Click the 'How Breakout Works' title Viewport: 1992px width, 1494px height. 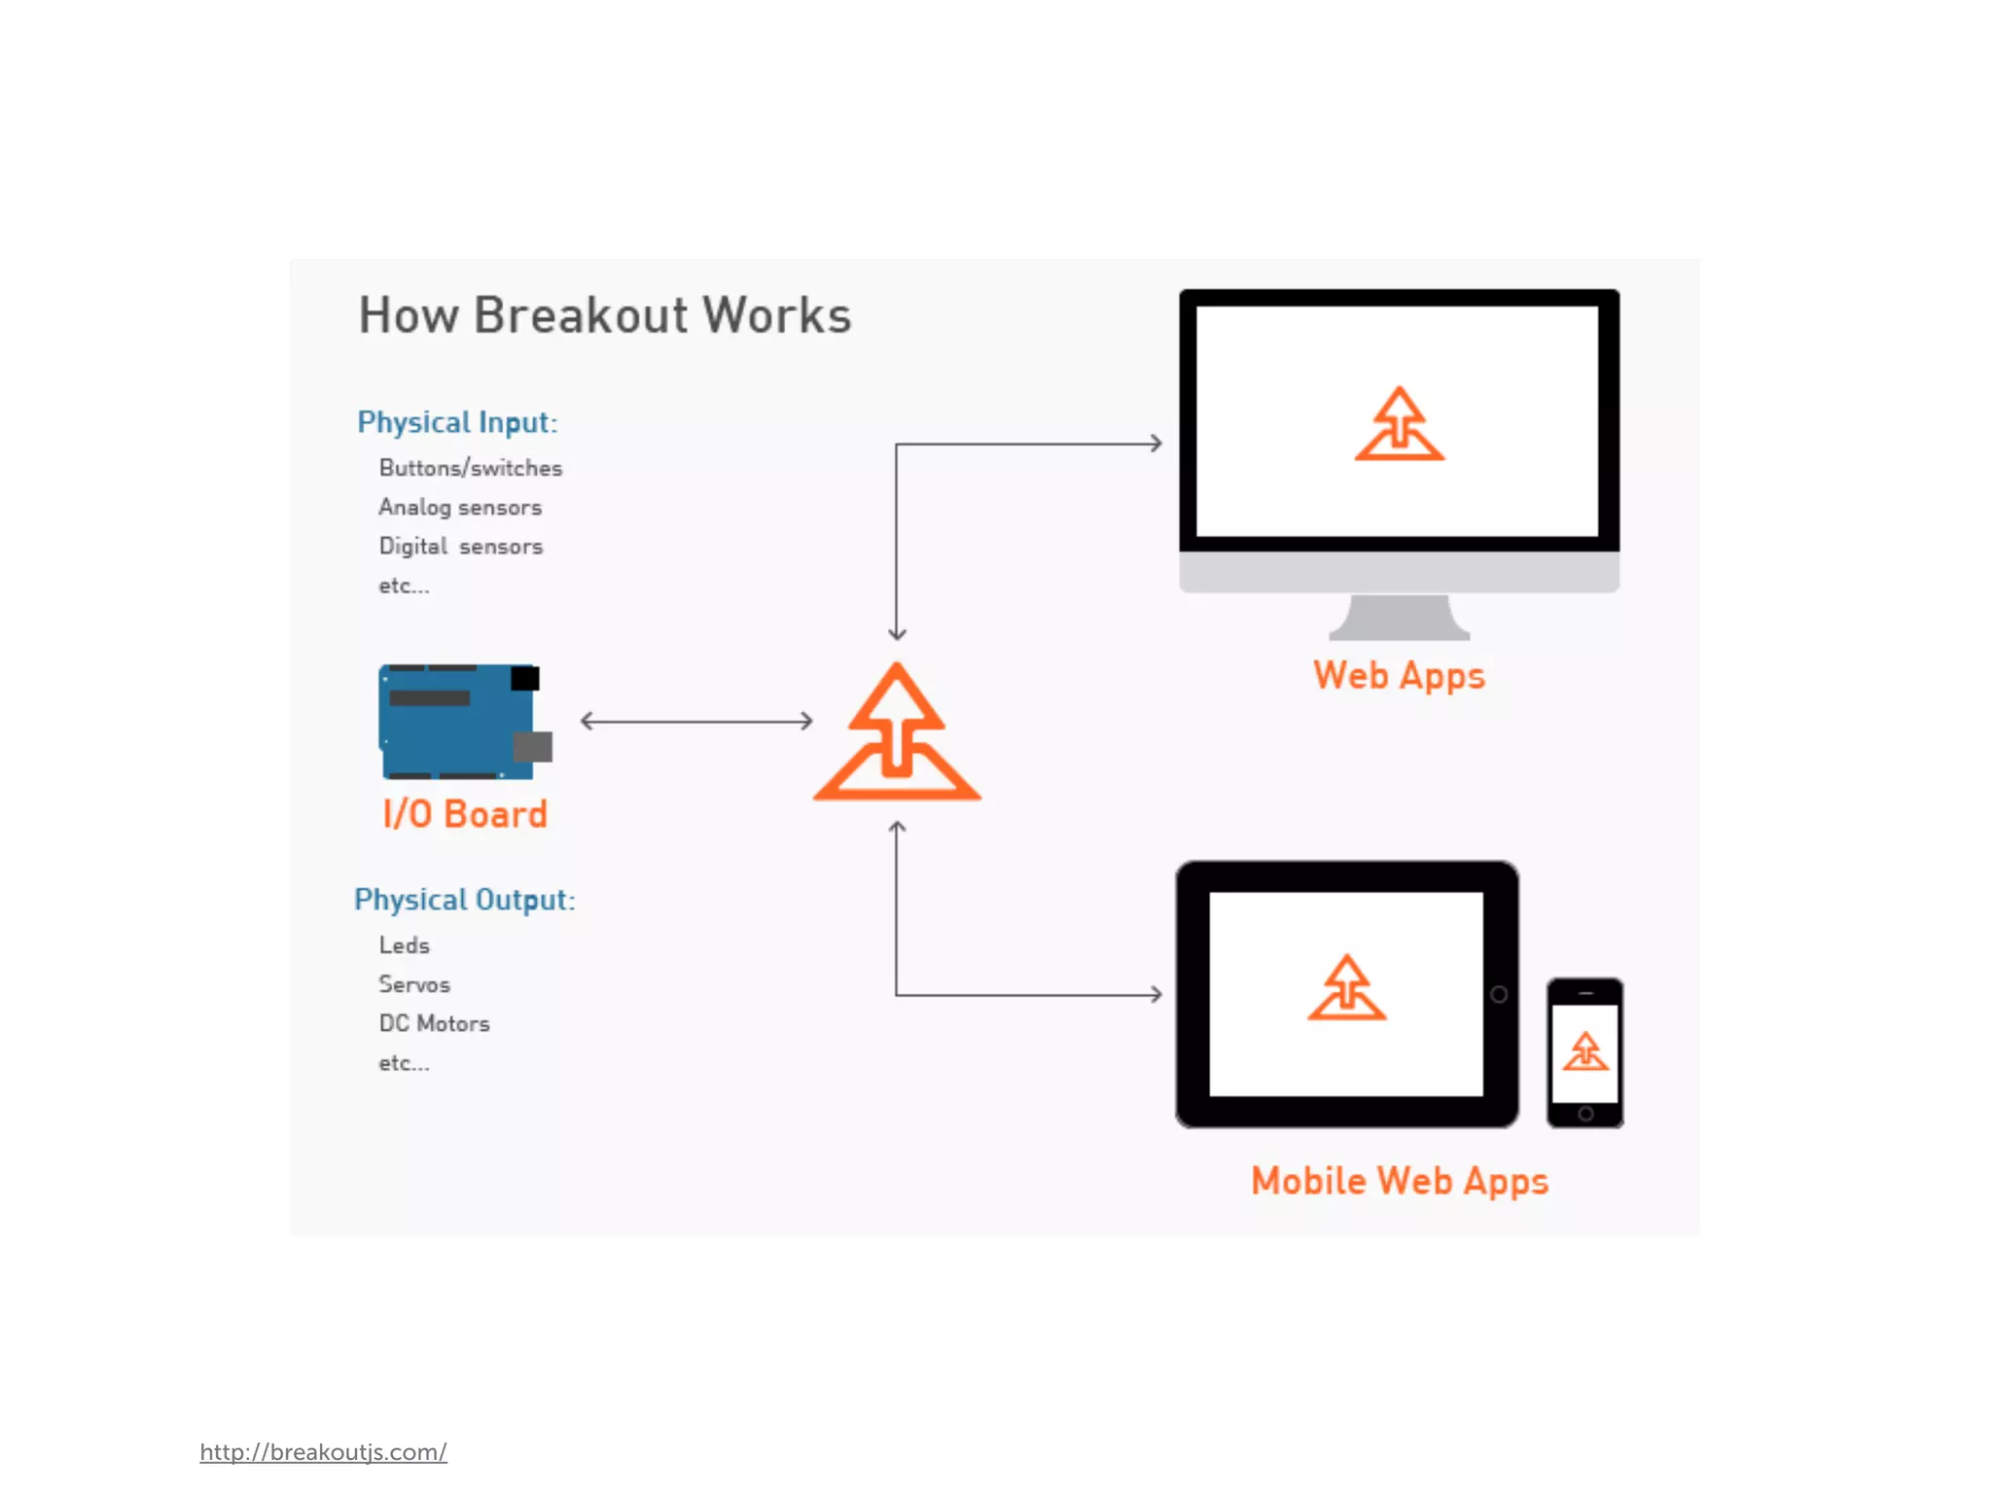click(x=604, y=315)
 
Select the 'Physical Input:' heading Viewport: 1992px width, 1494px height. click(x=457, y=423)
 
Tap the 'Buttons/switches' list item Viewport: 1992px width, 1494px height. click(x=470, y=469)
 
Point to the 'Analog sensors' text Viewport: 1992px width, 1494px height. click(x=459, y=508)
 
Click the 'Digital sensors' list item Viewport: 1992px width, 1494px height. click(x=460, y=547)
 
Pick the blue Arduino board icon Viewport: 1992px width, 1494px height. click(x=462, y=722)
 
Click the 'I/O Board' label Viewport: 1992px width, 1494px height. click(x=465, y=814)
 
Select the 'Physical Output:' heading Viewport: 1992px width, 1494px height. click(x=464, y=900)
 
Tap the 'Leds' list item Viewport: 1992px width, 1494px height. click(x=404, y=945)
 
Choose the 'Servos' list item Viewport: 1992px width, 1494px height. click(x=414, y=984)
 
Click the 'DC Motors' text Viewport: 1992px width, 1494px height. click(x=434, y=1023)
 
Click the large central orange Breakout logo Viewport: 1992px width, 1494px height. click(x=897, y=734)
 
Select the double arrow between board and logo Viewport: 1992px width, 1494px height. click(x=696, y=721)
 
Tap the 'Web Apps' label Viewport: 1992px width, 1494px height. click(x=1399, y=676)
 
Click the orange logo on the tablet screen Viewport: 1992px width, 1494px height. click(x=1346, y=988)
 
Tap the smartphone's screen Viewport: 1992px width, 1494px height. click(x=1585, y=1052)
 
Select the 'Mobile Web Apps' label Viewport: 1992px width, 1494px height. click(x=1399, y=1181)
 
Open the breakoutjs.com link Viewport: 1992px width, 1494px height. click(x=323, y=1452)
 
